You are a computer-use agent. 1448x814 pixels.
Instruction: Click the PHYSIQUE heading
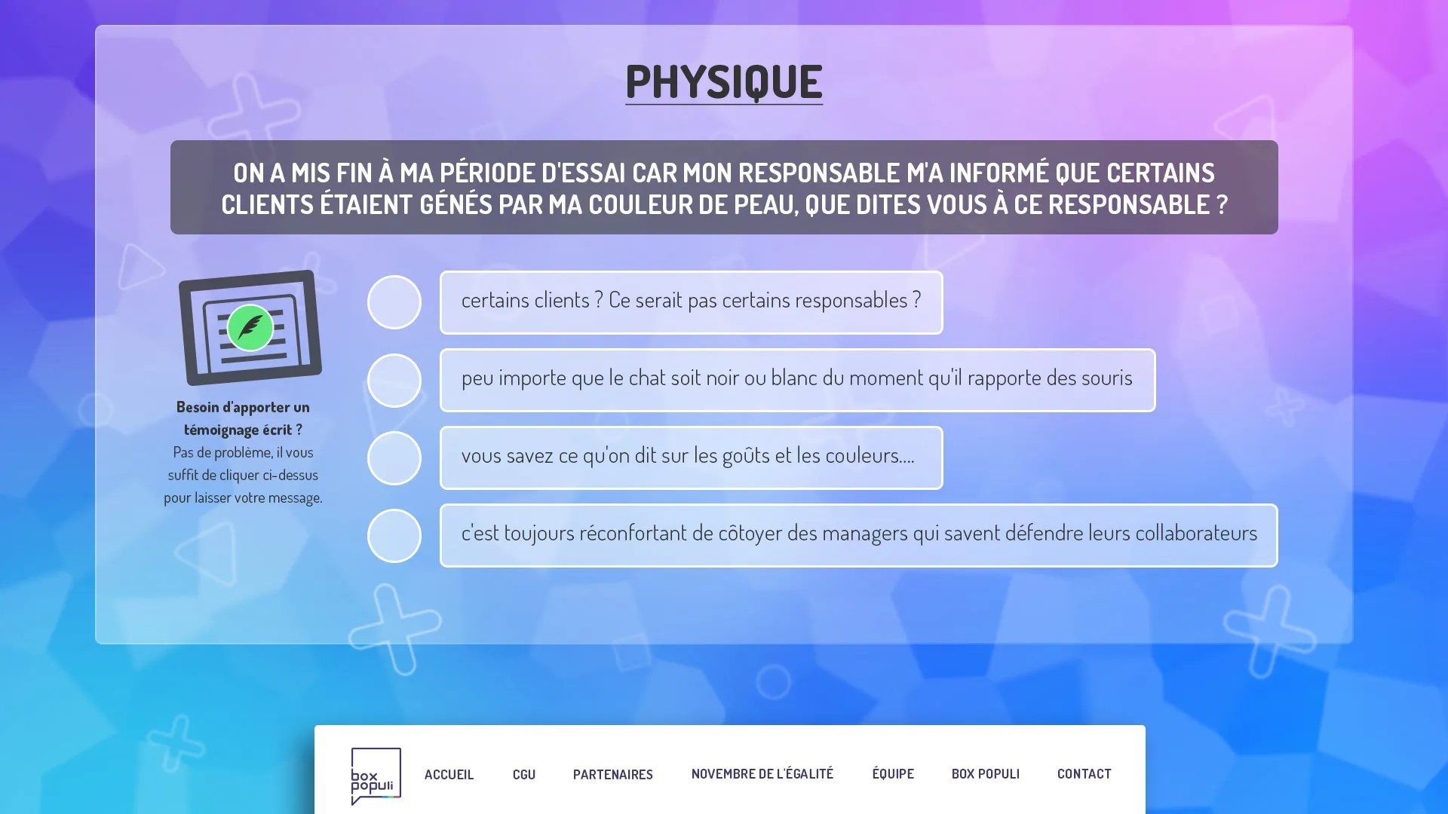click(723, 81)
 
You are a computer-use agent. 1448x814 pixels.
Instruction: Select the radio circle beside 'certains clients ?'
click(394, 302)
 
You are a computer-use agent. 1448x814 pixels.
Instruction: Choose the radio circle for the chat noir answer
click(394, 381)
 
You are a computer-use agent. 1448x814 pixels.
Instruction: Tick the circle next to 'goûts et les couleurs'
click(394, 458)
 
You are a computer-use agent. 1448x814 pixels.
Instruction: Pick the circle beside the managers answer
click(394, 536)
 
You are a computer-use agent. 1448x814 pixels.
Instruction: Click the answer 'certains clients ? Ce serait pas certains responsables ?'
click(691, 301)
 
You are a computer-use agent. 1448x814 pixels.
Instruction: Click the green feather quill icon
click(250, 327)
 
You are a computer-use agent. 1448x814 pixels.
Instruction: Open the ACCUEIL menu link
click(449, 774)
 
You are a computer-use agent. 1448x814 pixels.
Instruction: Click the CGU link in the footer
click(524, 774)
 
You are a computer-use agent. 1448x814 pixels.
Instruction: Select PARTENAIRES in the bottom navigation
click(612, 774)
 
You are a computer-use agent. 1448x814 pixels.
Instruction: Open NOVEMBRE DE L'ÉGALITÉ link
click(762, 774)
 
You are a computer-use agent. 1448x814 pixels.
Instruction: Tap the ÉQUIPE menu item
click(893, 774)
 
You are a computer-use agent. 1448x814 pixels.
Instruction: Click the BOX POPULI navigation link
click(985, 774)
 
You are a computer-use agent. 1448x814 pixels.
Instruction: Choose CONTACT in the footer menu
click(1084, 774)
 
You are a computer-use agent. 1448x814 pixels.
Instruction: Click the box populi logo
click(376, 776)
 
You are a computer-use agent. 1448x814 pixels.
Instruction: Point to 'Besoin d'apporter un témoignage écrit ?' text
click(243, 418)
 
